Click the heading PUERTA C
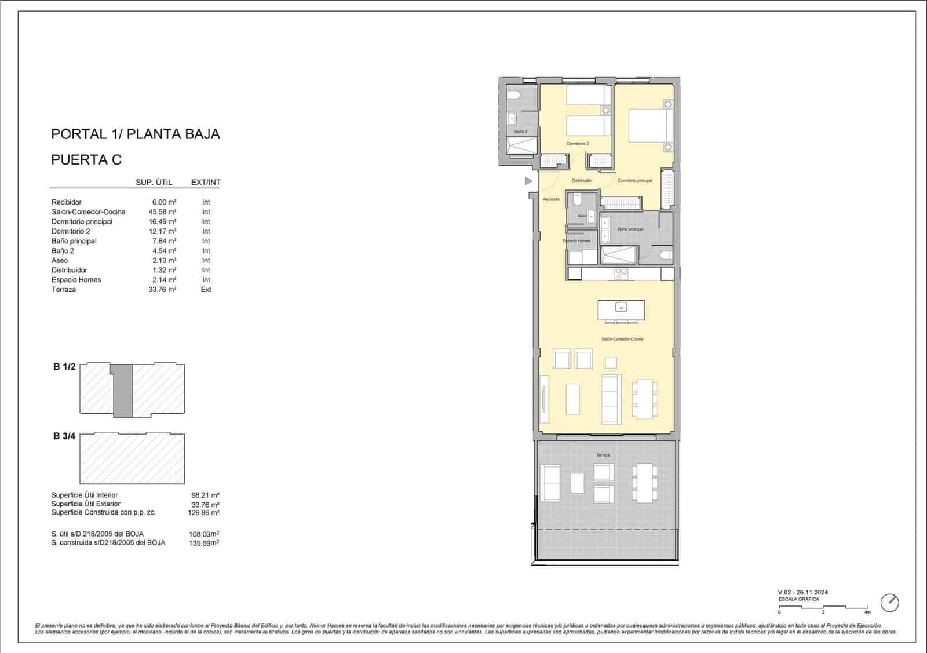click(x=86, y=160)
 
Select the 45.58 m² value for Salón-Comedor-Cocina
click(x=162, y=212)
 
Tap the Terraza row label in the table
click(x=64, y=290)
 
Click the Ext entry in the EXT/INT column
click(x=206, y=290)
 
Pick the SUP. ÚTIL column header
click(x=154, y=183)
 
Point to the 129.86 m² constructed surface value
click(x=205, y=513)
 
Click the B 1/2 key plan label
click(x=64, y=367)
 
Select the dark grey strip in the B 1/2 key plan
click(x=122, y=391)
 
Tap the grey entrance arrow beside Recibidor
click(x=528, y=181)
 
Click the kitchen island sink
click(x=621, y=307)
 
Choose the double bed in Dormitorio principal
click(x=650, y=126)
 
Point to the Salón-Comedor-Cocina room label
click(x=622, y=339)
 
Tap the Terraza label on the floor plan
click(x=603, y=455)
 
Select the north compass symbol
click(x=889, y=603)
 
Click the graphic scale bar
click(x=823, y=607)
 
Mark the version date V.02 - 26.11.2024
click(x=802, y=592)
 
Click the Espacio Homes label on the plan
click(x=576, y=241)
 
